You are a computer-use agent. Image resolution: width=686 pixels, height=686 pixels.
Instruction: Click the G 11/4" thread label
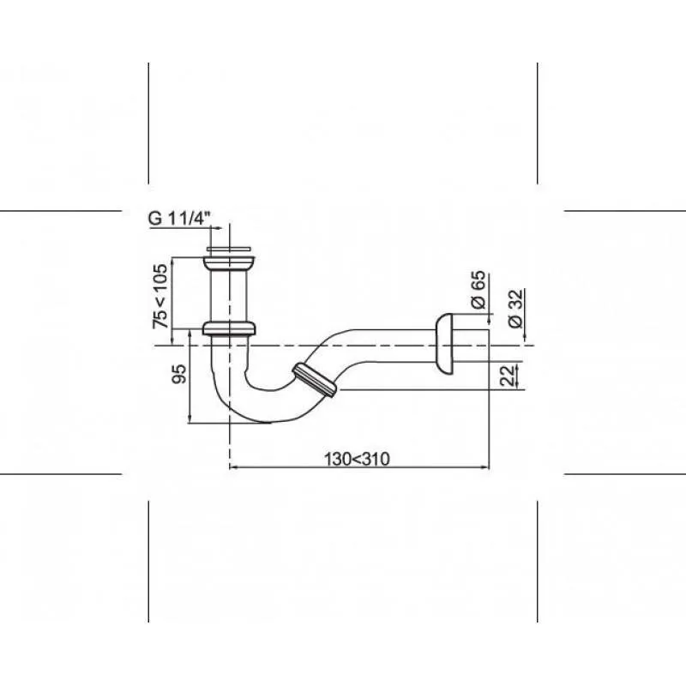point(180,218)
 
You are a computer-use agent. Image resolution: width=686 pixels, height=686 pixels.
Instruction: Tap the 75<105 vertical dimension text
point(160,296)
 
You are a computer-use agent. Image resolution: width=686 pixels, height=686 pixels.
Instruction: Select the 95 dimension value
point(179,374)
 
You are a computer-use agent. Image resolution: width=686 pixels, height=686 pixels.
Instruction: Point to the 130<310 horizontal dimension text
point(357,460)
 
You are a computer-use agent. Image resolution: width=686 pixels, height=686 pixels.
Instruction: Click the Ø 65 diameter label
point(478,290)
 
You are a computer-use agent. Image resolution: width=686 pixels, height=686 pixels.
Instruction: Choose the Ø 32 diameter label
point(516,308)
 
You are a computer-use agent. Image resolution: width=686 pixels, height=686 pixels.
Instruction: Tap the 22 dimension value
point(508,376)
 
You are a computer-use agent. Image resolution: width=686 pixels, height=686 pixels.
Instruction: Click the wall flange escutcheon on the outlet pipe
point(444,345)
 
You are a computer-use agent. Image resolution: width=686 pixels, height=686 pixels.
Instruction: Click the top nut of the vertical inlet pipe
point(229,263)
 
